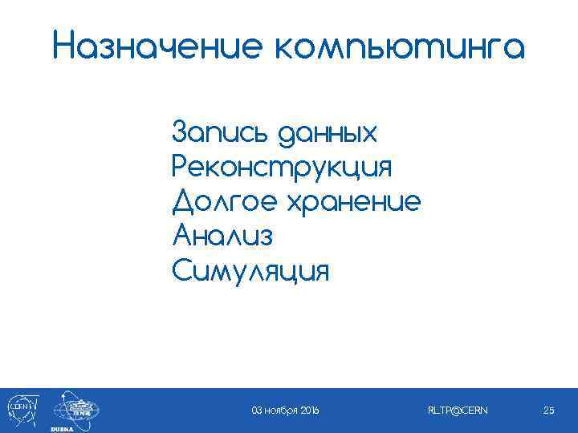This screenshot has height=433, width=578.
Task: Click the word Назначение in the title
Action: click(x=153, y=46)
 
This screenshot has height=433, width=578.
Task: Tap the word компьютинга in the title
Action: click(x=394, y=47)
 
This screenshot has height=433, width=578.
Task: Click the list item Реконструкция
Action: click(x=283, y=168)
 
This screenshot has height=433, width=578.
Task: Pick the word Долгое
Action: click(x=224, y=203)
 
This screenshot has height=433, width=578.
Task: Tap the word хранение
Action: click(x=352, y=203)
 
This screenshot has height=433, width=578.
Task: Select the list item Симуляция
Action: click(x=250, y=271)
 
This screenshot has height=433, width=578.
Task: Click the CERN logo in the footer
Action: click(x=19, y=408)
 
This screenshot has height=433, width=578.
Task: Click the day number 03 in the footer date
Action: click(x=257, y=411)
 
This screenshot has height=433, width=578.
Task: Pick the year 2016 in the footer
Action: click(x=309, y=411)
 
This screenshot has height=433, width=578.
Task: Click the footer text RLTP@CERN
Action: click(x=458, y=411)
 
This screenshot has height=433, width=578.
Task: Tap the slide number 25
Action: click(x=549, y=411)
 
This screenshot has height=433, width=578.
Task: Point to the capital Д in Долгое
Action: click(x=183, y=203)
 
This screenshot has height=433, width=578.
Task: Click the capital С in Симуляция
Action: click(x=182, y=271)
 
